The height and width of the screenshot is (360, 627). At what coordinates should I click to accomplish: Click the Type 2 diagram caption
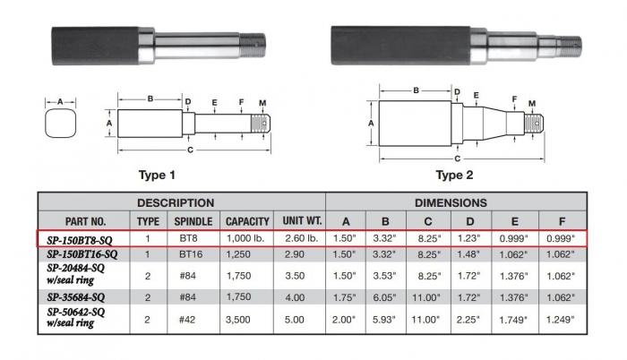point(455,175)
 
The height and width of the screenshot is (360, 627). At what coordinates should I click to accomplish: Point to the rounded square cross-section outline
point(61,124)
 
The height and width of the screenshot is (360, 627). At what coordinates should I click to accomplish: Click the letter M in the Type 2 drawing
point(532,104)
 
